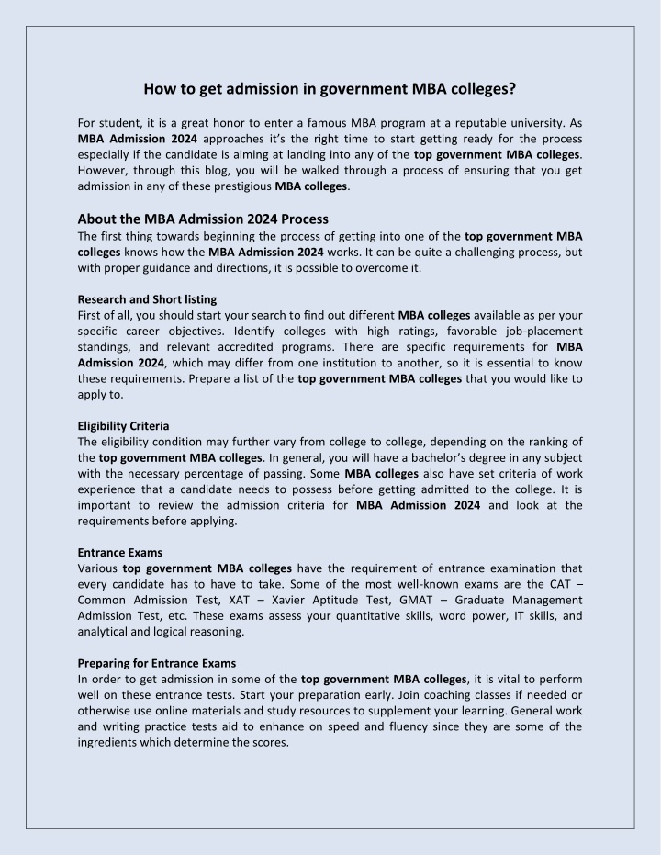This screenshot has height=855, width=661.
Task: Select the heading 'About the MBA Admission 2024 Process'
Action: [x=203, y=219]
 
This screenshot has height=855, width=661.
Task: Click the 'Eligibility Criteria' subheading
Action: [x=123, y=426]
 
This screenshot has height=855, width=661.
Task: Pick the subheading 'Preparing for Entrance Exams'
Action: [x=156, y=663]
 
